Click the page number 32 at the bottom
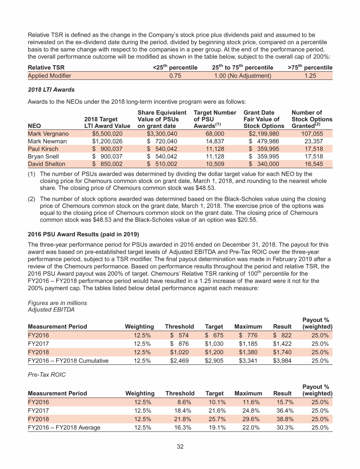tap(180, 446)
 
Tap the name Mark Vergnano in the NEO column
tap(47, 134)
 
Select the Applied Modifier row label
tap(50, 76)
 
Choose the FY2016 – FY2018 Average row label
tap(64, 427)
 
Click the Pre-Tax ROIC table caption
tap(47, 376)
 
